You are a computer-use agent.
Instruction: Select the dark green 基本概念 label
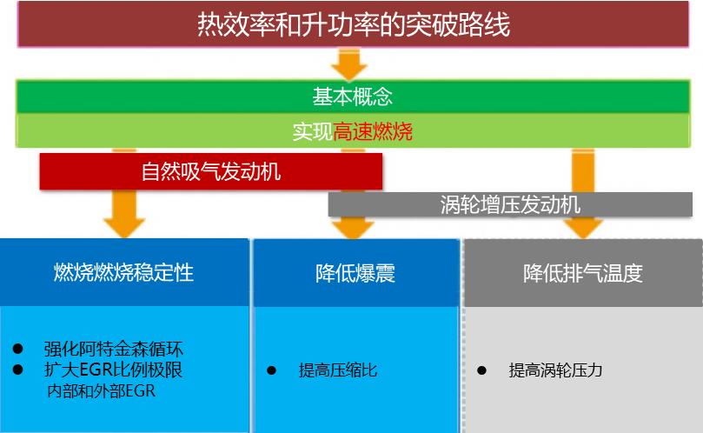click(x=353, y=96)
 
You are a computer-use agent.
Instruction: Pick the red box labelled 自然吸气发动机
click(x=211, y=171)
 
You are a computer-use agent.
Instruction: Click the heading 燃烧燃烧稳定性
click(x=124, y=273)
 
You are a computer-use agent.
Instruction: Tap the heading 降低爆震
click(x=355, y=273)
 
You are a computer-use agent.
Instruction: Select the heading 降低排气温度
click(x=583, y=273)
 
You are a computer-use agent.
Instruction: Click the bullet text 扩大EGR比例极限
click(x=114, y=370)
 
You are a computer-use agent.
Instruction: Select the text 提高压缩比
click(x=338, y=370)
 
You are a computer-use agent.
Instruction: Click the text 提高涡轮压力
click(x=555, y=370)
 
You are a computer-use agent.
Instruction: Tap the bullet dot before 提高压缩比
click(x=271, y=370)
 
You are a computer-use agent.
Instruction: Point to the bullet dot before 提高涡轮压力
click(x=482, y=370)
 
